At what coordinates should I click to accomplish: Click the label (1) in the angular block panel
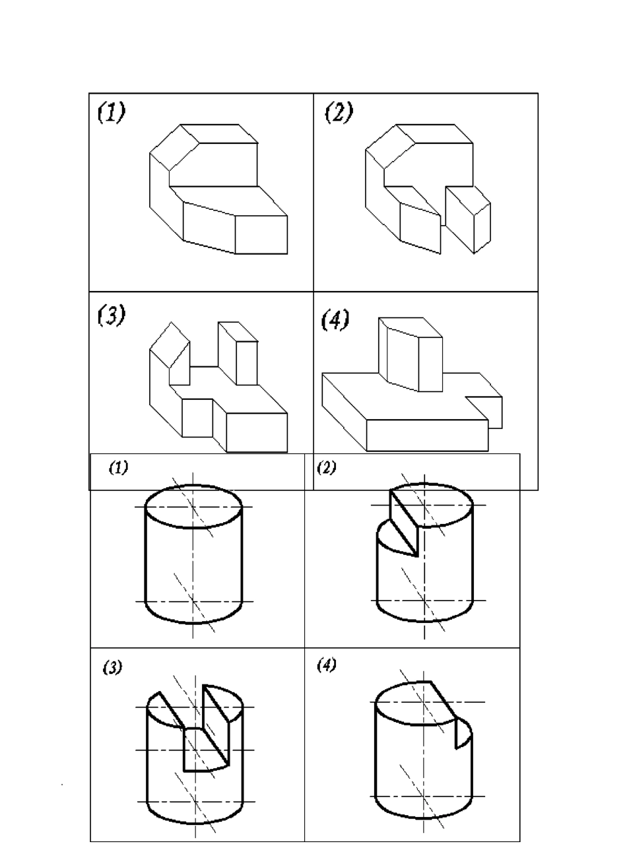110,113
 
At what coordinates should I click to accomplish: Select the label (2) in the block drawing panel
339,113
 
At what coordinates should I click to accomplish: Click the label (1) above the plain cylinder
118,468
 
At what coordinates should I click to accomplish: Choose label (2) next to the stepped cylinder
326,468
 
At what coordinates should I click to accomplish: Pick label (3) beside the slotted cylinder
112,668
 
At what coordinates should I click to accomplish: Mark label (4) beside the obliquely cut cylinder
326,665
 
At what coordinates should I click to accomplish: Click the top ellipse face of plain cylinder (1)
193,507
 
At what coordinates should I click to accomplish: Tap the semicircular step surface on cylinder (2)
395,536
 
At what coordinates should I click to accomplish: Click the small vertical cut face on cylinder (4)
463,733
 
